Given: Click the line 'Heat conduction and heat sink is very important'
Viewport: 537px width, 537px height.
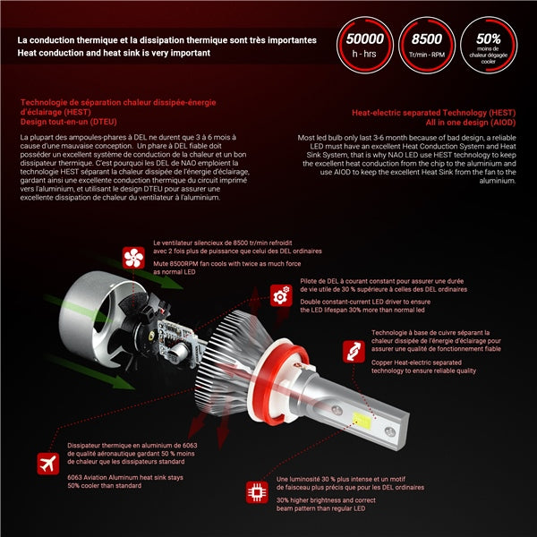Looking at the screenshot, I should tap(113, 53).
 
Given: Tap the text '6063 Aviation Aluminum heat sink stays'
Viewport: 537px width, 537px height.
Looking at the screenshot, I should tap(124, 477).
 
